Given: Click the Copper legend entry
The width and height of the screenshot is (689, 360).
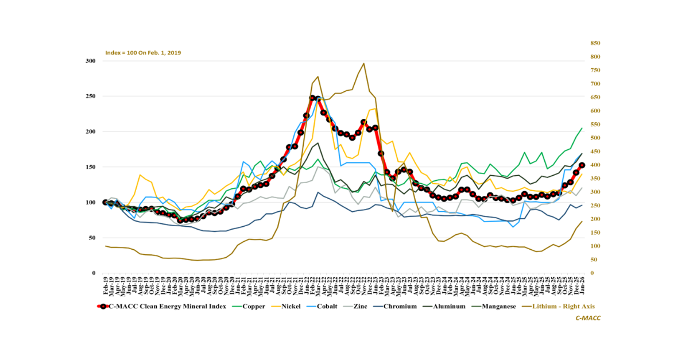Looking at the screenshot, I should click(x=253, y=307).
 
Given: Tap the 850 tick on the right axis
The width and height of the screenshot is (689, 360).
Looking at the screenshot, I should click(x=595, y=43).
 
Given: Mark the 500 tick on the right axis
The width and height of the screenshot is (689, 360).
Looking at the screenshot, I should click(x=595, y=138).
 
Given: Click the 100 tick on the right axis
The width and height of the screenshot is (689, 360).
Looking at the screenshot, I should click(x=595, y=246).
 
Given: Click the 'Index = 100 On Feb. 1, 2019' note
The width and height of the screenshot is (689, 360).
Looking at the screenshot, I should click(x=143, y=52).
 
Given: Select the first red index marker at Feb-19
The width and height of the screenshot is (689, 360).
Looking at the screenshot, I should click(x=106, y=202).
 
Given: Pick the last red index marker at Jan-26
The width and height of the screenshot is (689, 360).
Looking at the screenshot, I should click(x=582, y=165).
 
